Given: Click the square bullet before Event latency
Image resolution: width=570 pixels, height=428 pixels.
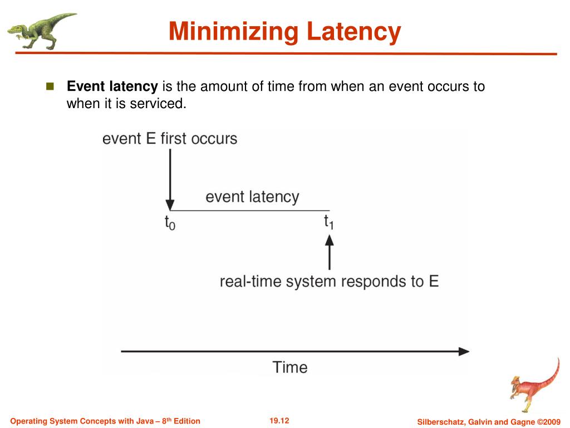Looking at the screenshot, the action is click(x=50, y=86).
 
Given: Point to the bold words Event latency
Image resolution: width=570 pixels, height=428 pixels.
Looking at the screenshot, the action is click(x=112, y=86).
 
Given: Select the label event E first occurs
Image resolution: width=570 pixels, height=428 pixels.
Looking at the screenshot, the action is click(x=170, y=138).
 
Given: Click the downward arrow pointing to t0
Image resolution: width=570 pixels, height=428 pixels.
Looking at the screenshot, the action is click(x=170, y=178).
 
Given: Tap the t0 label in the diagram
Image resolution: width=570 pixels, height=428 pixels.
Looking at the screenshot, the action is click(x=170, y=223).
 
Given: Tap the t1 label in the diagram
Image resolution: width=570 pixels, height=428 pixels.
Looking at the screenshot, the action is click(x=329, y=222).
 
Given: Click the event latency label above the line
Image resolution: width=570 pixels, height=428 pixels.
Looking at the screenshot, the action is click(x=252, y=197).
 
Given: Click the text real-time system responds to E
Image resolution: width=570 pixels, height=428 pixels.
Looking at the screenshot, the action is click(x=329, y=281).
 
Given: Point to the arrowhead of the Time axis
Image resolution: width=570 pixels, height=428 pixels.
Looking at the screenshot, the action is click(x=464, y=351).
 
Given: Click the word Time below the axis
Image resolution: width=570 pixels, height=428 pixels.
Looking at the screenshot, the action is click(x=289, y=367).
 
